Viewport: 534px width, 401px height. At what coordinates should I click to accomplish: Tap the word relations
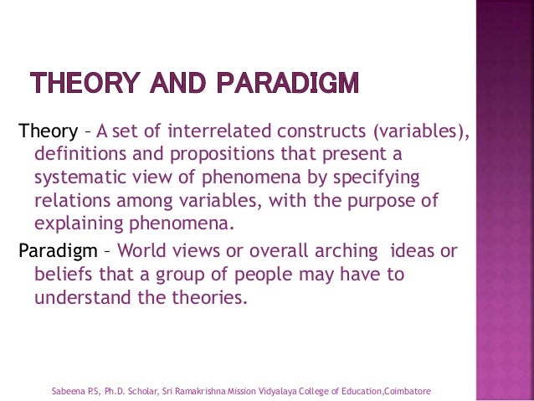(71, 203)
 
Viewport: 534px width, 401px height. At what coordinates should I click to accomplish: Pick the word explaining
(80, 226)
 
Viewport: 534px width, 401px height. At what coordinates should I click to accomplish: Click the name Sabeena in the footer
(68, 391)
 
